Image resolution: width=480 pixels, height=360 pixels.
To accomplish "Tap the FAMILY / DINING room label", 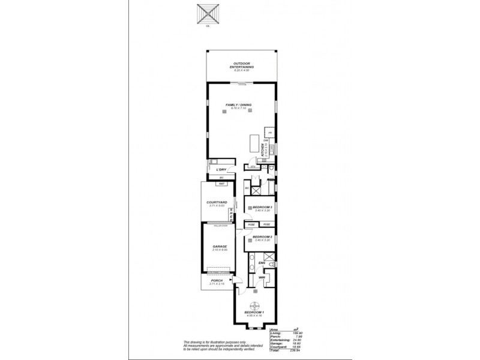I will click(x=238, y=105).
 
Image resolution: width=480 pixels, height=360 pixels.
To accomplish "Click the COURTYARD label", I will click(x=216, y=203).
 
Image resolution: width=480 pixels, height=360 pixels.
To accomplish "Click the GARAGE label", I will click(x=220, y=247).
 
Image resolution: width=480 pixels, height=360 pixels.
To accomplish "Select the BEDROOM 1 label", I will click(x=255, y=313).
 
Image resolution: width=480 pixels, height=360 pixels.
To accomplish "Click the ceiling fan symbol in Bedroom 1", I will click(x=255, y=304).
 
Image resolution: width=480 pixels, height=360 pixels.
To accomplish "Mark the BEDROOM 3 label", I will click(x=263, y=207).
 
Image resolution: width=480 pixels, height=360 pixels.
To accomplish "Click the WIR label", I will click(x=262, y=278).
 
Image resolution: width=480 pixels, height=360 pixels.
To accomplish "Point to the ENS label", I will click(x=262, y=263).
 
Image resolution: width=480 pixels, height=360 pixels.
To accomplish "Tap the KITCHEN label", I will click(x=263, y=151).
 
